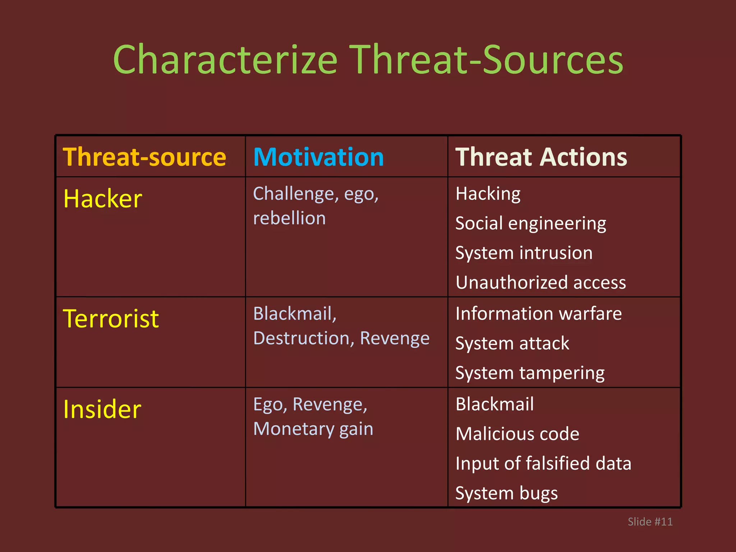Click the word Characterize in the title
coord(225,60)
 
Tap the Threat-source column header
coord(144,157)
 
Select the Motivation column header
coord(318,157)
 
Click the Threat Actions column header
coord(541,157)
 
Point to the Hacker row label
coord(103,199)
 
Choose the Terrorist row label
coord(111,319)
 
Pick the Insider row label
coord(102,409)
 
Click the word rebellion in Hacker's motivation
coord(289,218)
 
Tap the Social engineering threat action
coord(530,224)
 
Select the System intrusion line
coord(524,253)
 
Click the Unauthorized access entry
coord(540,282)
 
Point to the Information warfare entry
coord(538,314)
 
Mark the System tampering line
coord(530,373)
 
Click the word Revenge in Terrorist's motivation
coord(395,338)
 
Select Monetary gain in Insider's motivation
coord(313,429)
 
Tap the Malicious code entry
coord(517,434)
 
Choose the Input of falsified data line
coord(543,463)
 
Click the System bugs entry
coord(506,493)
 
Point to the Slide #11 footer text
coord(650,521)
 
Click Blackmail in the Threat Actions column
coord(494,404)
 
